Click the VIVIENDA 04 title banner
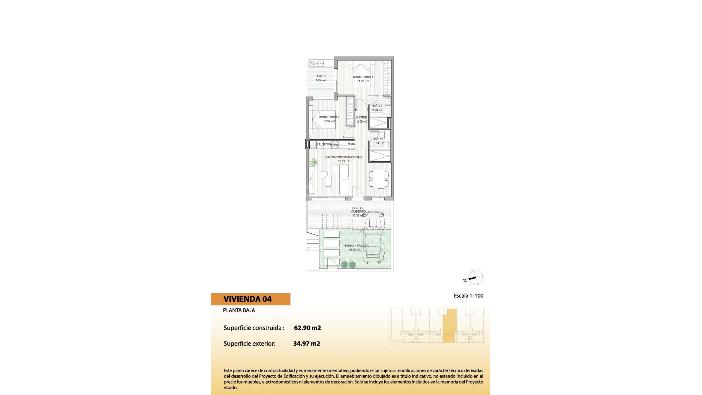[250, 299]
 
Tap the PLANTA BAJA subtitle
[239, 310]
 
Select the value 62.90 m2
[307, 328]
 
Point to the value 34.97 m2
[306, 343]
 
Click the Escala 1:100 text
[468, 296]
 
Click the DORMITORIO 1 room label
[363, 77]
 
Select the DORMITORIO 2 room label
[329, 117]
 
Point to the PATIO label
[321, 76]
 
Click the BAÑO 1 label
[377, 106]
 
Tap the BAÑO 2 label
[378, 139]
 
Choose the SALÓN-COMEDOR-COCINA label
[343, 157]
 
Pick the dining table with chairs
[379, 179]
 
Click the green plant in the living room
[313, 162]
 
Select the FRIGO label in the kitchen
[351, 144]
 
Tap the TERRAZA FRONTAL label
[356, 246]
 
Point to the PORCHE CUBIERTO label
[358, 210]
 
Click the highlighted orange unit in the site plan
[450, 326]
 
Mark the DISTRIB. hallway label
[361, 117]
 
